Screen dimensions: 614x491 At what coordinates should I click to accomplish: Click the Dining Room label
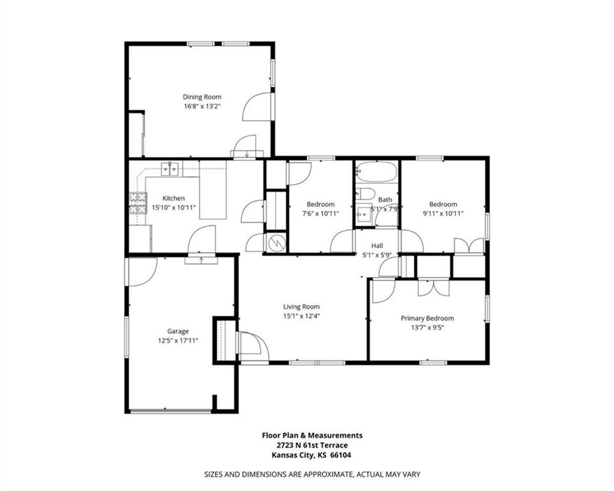click(202, 97)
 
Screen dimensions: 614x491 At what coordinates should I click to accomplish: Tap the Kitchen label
click(173, 198)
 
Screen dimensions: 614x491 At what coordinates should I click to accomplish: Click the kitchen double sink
click(170, 169)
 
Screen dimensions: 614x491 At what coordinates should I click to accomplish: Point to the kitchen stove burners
click(138, 203)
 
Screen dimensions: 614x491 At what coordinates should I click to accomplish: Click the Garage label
click(178, 331)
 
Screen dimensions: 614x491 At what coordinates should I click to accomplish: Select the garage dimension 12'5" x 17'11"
click(178, 341)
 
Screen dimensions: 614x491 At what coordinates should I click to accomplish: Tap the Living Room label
click(301, 307)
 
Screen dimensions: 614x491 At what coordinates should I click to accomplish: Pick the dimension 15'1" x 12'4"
click(302, 316)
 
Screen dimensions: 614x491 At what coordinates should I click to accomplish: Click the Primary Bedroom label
click(427, 318)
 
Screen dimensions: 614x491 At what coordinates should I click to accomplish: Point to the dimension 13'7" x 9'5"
click(427, 328)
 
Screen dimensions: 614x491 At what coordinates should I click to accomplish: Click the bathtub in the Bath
click(376, 171)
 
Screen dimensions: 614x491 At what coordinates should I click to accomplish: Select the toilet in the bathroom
click(365, 194)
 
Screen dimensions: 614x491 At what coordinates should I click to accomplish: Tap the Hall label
click(377, 245)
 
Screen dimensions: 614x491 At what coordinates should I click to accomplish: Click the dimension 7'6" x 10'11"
click(320, 214)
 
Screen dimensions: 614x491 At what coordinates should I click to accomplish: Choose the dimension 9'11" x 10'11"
click(443, 214)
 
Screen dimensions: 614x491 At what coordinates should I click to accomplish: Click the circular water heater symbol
click(277, 243)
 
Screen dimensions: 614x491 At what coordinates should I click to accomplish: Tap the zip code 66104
click(341, 455)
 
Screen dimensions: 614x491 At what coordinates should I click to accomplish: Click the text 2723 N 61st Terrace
click(312, 445)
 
